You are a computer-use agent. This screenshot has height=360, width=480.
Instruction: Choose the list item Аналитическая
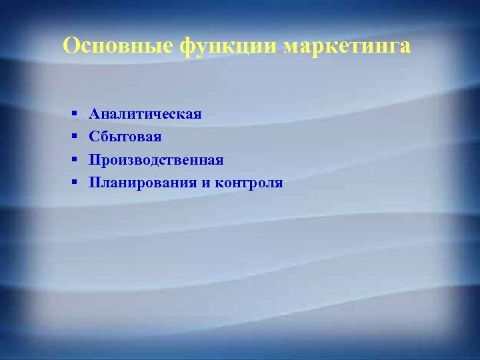pos(145,114)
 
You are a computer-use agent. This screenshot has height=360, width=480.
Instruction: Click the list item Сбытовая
pos(125,137)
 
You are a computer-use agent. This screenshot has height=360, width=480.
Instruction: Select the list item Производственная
pos(157,160)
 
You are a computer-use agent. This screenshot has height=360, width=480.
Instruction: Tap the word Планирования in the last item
pos(142,183)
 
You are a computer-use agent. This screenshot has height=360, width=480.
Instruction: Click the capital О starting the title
pos(71,46)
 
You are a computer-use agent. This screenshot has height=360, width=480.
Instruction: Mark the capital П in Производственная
pos(95,160)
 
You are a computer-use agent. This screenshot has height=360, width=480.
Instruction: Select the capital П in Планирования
pos(95,183)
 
